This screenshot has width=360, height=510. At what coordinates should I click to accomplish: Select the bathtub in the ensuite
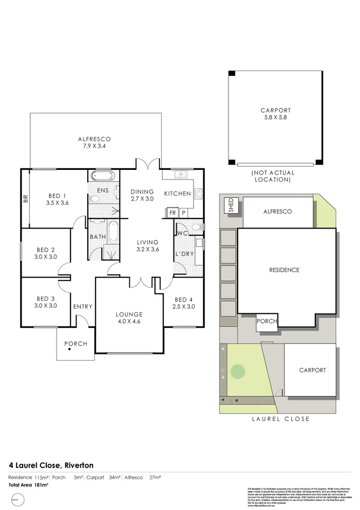click(101, 176)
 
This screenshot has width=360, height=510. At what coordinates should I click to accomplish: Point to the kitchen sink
click(181, 174)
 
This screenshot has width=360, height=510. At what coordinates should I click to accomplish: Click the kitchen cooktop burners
click(198, 193)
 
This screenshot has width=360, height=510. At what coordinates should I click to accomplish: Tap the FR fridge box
click(172, 213)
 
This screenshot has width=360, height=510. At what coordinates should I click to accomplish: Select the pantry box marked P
click(183, 213)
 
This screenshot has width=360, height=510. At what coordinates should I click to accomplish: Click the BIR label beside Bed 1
click(25, 199)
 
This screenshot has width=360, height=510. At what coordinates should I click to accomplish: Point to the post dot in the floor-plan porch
click(70, 350)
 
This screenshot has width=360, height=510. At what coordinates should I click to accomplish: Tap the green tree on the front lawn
click(237, 371)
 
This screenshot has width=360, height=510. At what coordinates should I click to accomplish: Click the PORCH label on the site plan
click(267, 321)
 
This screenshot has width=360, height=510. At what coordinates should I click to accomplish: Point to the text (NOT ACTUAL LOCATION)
click(273, 176)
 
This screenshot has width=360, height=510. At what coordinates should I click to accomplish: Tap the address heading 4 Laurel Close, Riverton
click(51, 465)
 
